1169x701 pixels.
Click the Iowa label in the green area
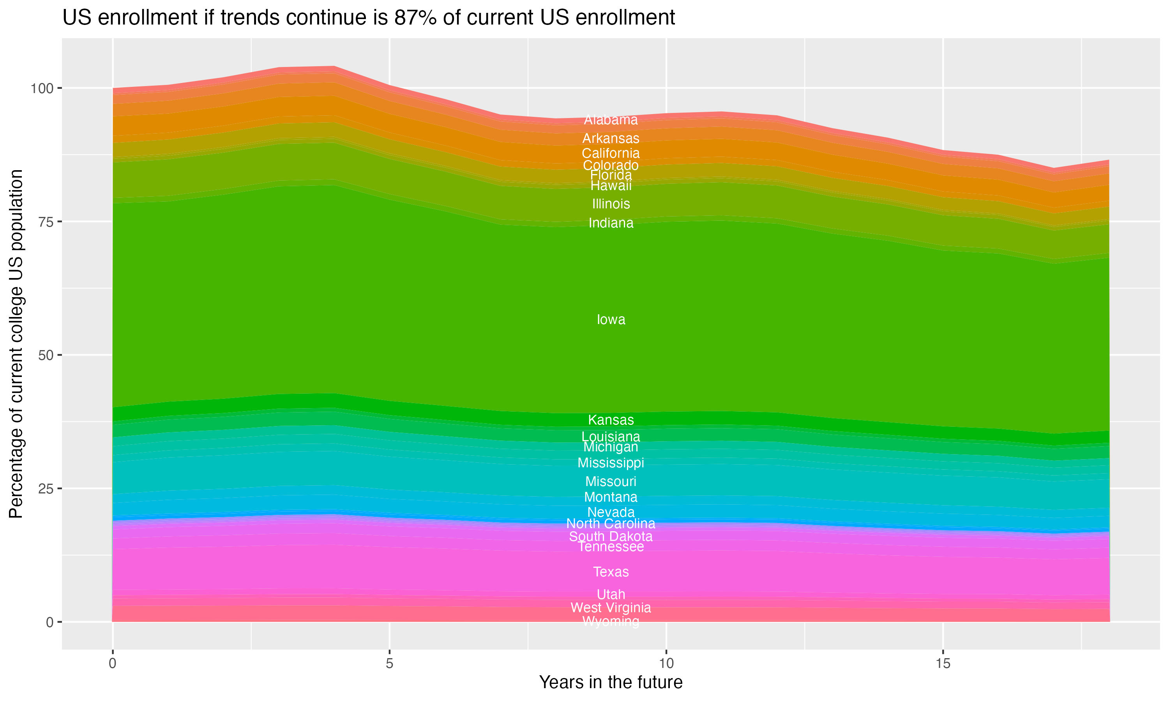click(611, 320)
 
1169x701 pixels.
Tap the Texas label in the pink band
click(611, 572)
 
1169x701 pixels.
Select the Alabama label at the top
click(611, 120)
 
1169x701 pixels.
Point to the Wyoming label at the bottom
click(611, 622)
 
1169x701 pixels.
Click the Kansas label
click(611, 420)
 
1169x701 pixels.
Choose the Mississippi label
click(611, 463)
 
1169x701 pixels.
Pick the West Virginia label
click(611, 608)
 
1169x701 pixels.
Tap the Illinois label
click(611, 204)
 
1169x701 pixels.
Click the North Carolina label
click(611, 523)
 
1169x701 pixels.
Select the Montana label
click(611, 497)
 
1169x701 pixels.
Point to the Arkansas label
click(611, 138)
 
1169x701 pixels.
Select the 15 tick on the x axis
click(943, 664)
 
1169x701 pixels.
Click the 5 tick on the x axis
click(389, 664)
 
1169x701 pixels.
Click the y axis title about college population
click(16, 344)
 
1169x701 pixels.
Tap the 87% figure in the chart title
click(414, 18)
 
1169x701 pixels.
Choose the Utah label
click(611, 595)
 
